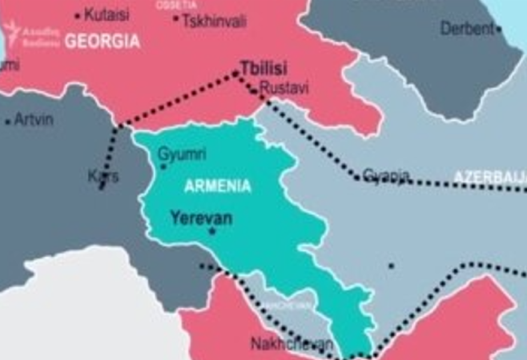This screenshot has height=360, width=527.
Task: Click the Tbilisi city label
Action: (x=263, y=67)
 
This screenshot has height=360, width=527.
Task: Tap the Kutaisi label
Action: (x=106, y=14)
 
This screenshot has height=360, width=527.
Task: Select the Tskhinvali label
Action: (x=214, y=22)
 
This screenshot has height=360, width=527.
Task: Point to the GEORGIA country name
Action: (x=102, y=41)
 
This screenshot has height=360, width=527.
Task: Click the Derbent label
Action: (x=466, y=29)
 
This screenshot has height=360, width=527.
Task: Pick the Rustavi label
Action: (x=284, y=88)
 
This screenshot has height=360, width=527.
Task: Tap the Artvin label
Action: (x=33, y=120)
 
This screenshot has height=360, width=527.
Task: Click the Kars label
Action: (x=104, y=177)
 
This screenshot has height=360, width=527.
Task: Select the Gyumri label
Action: (x=182, y=154)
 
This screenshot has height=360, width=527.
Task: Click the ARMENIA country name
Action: (x=218, y=186)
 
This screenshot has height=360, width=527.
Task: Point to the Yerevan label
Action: (x=201, y=218)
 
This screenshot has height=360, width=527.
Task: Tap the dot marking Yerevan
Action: (x=212, y=231)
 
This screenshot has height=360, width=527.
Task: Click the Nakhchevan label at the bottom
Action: (x=291, y=344)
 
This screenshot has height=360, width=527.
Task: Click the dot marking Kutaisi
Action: (x=78, y=15)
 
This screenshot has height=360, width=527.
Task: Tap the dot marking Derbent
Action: (x=498, y=29)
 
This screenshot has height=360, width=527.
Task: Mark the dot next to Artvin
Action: (x=7, y=122)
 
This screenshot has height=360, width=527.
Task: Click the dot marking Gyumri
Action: (x=163, y=167)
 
